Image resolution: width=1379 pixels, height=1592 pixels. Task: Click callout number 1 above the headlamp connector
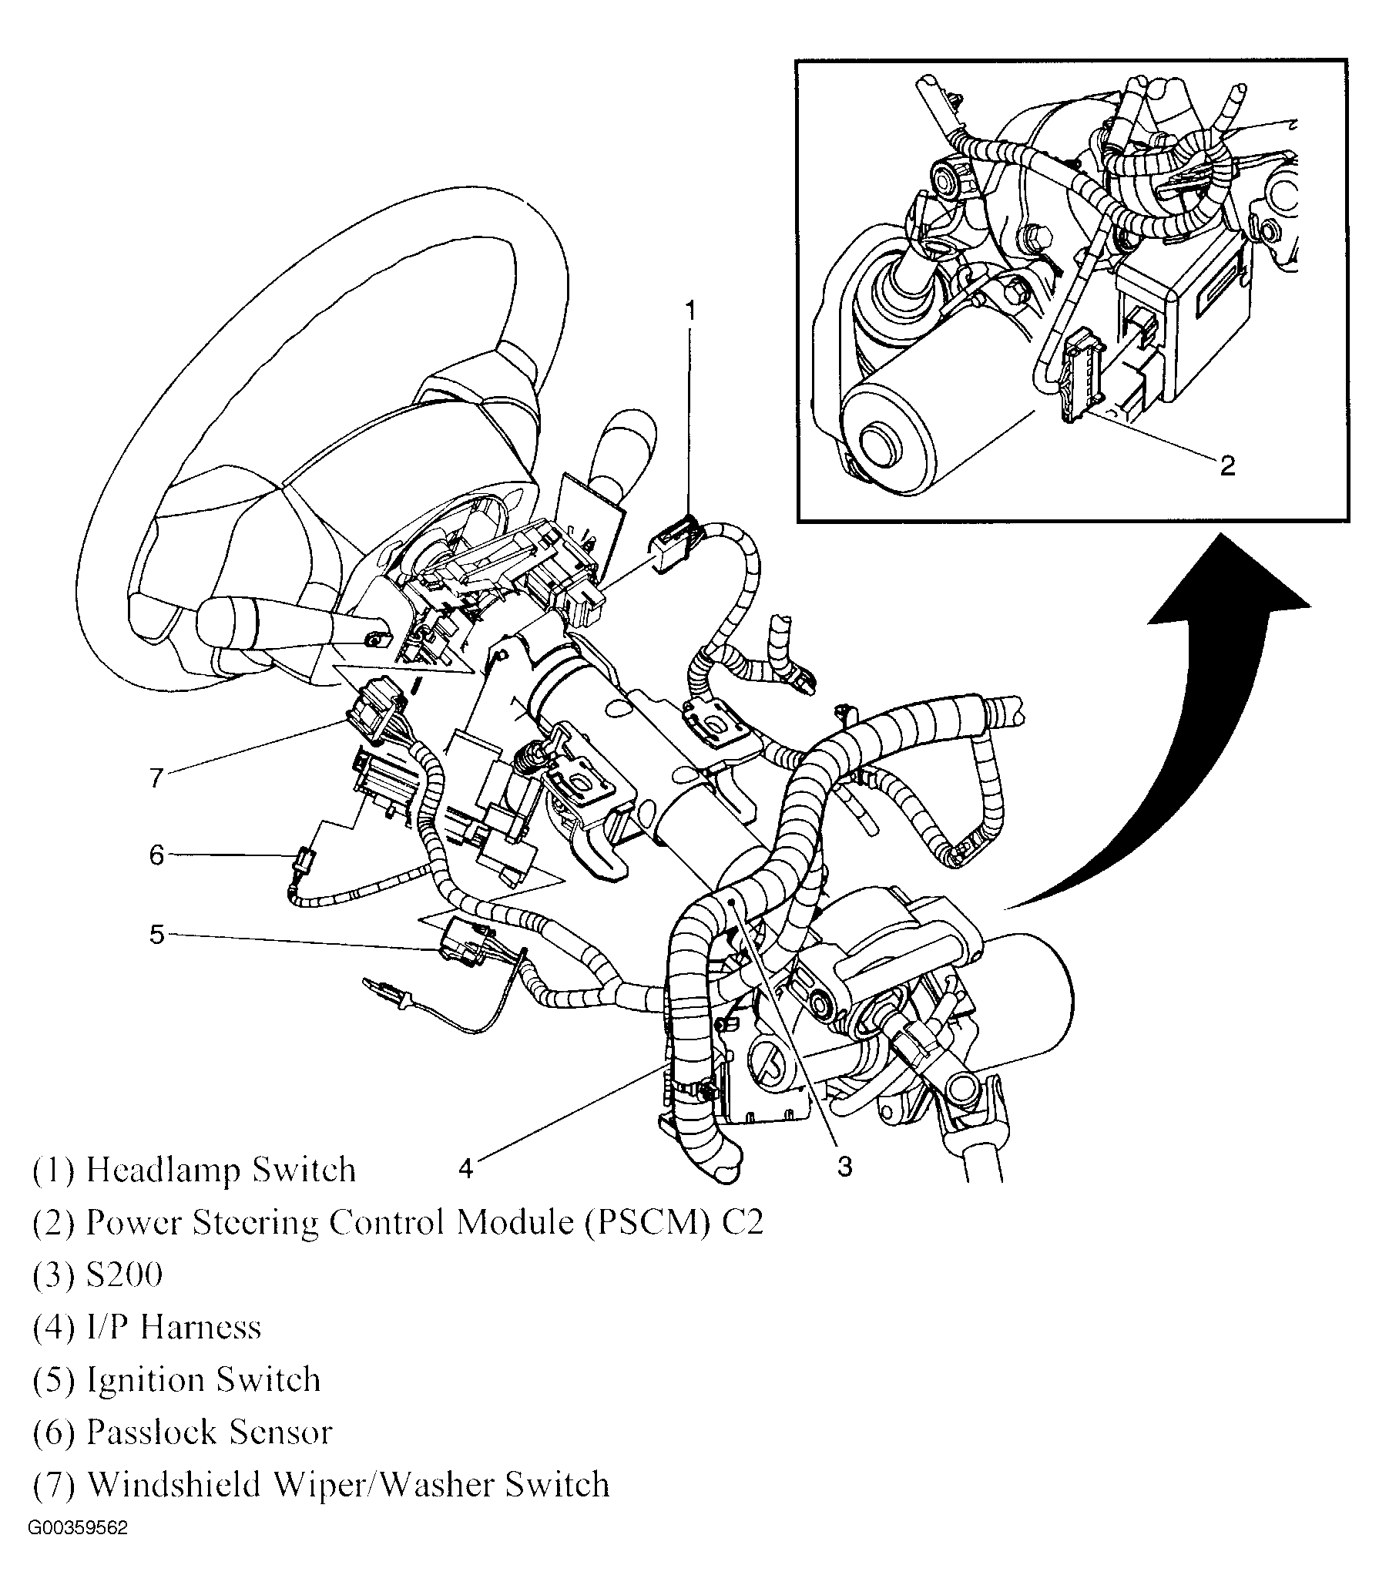[690, 311]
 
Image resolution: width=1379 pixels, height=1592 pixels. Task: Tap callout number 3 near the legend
[845, 1168]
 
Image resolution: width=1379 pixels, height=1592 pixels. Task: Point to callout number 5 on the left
[157, 935]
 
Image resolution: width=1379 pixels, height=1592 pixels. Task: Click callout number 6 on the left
[157, 855]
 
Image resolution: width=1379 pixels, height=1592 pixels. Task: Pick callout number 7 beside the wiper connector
[157, 778]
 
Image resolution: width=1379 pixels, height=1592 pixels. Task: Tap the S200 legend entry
[124, 1275]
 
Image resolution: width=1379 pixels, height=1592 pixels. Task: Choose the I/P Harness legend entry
[173, 1328]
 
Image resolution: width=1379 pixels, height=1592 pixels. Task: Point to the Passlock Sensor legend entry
[209, 1432]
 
